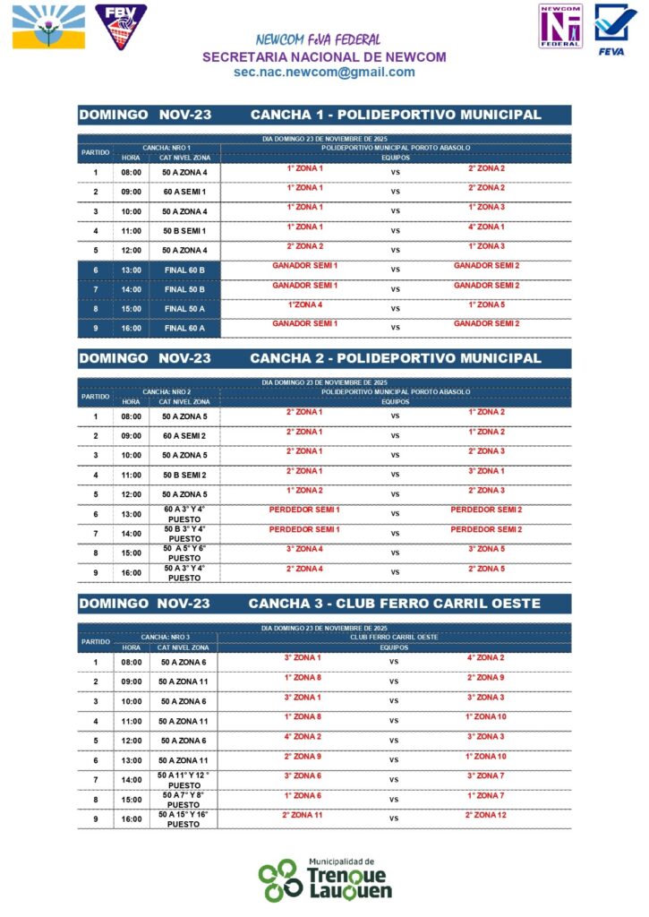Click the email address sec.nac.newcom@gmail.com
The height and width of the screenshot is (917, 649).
(324, 73)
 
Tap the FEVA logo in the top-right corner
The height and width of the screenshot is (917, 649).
(616, 30)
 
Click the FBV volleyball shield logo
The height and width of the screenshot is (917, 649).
(121, 26)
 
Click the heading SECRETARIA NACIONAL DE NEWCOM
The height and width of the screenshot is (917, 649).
(324, 56)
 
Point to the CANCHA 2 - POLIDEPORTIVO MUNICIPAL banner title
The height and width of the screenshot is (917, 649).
(395, 358)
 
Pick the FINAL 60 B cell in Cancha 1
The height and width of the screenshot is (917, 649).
(184, 270)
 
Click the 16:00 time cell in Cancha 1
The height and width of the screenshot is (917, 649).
(132, 329)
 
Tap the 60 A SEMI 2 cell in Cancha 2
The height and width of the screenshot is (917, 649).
(184, 436)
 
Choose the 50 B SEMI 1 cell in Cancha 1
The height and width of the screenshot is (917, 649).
(184, 231)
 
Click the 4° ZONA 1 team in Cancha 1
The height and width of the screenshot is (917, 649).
(485, 227)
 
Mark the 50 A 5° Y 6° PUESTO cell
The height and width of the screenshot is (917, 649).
(184, 553)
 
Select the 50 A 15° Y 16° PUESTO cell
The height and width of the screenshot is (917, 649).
(184, 819)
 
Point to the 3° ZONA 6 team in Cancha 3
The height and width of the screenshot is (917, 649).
(303, 776)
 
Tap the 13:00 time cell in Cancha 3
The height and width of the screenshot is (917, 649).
(131, 760)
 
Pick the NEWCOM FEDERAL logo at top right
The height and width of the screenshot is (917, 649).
(559, 26)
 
